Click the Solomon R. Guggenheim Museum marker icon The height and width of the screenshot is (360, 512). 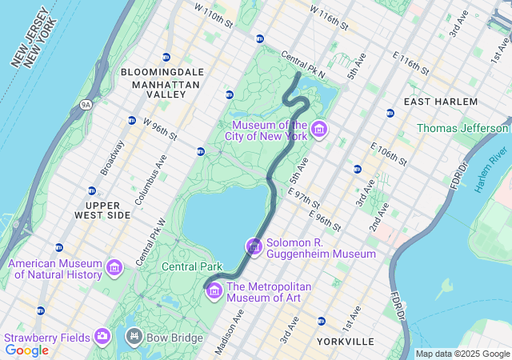(254, 247)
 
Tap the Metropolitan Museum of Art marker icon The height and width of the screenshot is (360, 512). (214, 290)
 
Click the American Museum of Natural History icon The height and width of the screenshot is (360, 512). (114, 266)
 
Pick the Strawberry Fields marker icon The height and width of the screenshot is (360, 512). (102, 336)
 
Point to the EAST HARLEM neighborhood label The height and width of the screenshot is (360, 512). (441, 102)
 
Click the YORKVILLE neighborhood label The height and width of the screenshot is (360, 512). (345, 342)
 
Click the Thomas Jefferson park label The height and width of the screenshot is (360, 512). (462, 128)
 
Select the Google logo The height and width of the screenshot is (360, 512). (27, 350)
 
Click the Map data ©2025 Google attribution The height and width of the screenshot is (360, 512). (462, 354)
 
